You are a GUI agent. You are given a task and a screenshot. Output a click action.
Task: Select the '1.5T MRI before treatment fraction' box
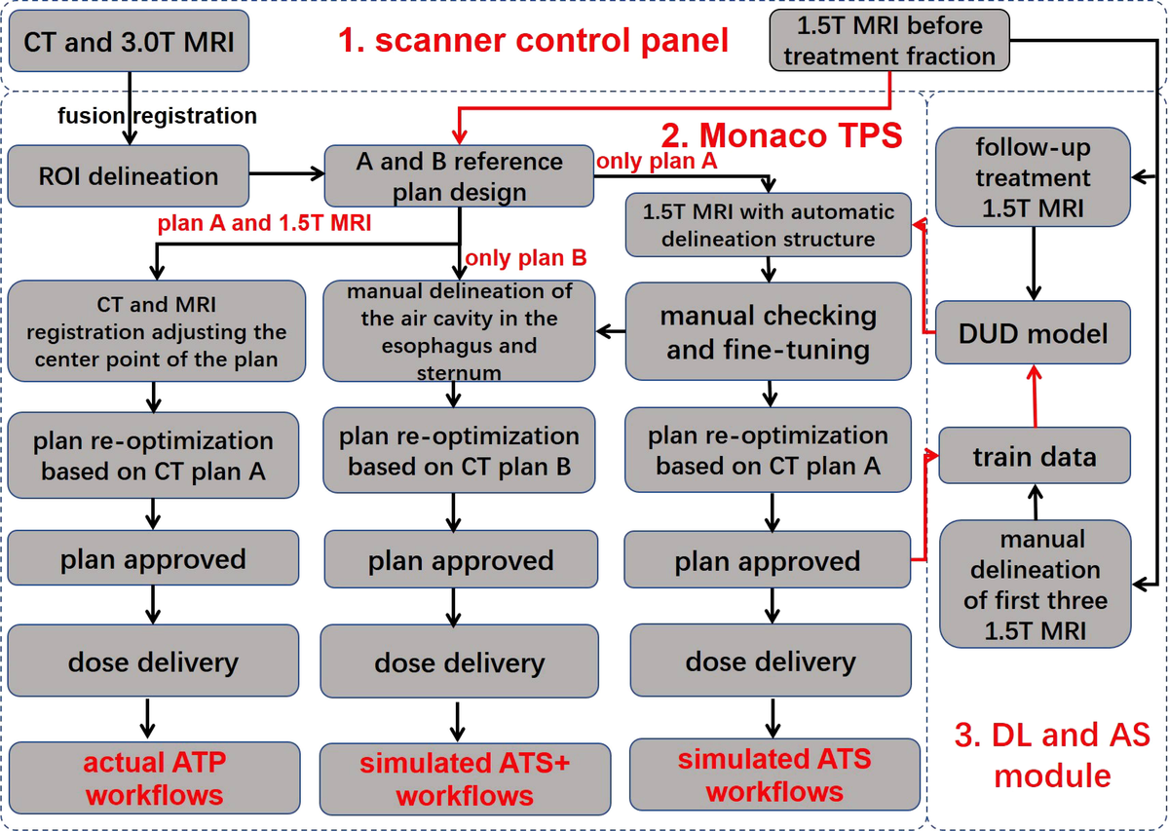[888, 41]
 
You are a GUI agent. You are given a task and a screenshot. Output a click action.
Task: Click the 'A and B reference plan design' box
[459, 176]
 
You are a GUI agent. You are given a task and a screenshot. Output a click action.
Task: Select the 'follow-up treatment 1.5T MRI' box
[1034, 178]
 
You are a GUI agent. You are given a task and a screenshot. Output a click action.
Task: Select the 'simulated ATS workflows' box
[773, 774]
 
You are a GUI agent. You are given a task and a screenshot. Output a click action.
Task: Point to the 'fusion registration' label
[158, 116]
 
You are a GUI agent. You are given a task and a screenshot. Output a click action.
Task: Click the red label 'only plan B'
[525, 258]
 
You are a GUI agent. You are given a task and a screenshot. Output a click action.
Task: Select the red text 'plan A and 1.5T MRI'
[265, 222]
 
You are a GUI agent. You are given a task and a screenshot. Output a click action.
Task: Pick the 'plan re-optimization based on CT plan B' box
[459, 451]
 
